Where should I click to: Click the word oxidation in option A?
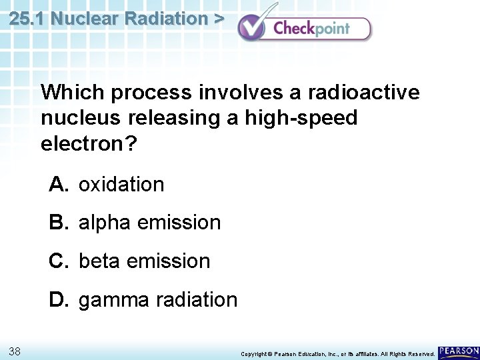pos(121,185)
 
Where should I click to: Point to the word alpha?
pos(105,223)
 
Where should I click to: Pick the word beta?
pos(100,261)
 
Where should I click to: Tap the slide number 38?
pos(15,351)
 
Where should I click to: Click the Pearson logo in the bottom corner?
pos(458,351)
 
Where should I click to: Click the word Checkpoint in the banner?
pos(311,29)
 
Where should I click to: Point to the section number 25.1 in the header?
pos(27,19)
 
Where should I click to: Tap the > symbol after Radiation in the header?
pos(218,19)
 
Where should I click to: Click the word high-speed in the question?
pos(300,118)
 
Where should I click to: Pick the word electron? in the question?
pos(88,144)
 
